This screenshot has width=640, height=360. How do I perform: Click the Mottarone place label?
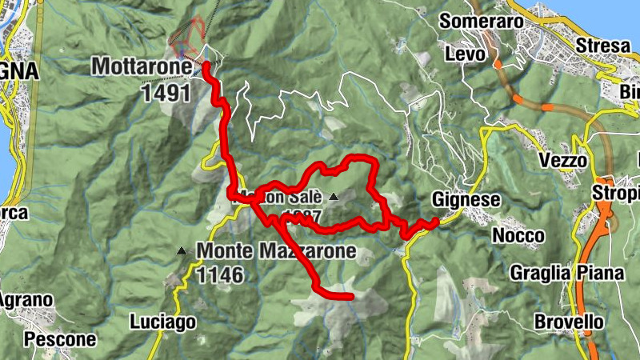point(142,66)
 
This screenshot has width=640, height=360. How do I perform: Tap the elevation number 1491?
point(166,93)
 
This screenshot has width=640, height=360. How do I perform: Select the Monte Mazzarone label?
point(275,251)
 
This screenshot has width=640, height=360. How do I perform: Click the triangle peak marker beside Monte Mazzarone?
point(182,252)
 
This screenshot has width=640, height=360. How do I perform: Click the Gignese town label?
point(466,200)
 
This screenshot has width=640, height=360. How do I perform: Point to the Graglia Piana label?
point(567,273)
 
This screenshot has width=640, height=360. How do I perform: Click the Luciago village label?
point(162,322)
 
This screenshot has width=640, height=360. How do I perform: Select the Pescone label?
point(60,339)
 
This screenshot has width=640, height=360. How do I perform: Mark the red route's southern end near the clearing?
point(350,297)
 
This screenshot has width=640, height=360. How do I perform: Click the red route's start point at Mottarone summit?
point(206,64)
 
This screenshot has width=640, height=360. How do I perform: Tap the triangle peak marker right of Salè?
point(333,196)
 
